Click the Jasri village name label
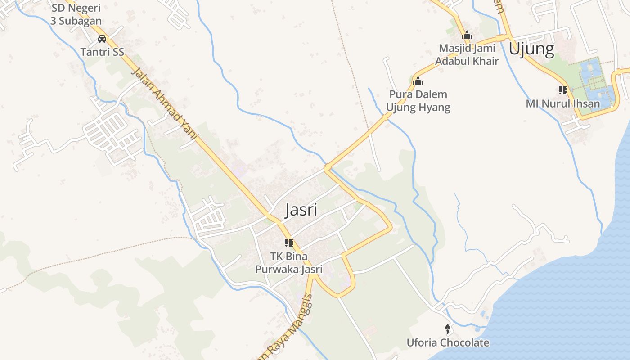pos(301,210)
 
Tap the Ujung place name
pos(531,49)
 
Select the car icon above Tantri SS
pos(102,39)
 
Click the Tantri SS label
pos(102,52)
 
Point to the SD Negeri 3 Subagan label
pos(76,14)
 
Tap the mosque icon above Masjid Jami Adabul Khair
pos(467,35)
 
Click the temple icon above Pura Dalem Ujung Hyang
pos(418,81)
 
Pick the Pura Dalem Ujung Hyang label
pos(418,101)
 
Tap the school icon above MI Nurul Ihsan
pos(562,90)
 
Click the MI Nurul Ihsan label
pos(563,104)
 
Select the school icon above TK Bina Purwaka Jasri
pos(288,243)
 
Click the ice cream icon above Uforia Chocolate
pos(448,329)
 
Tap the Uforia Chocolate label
pos(448,343)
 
